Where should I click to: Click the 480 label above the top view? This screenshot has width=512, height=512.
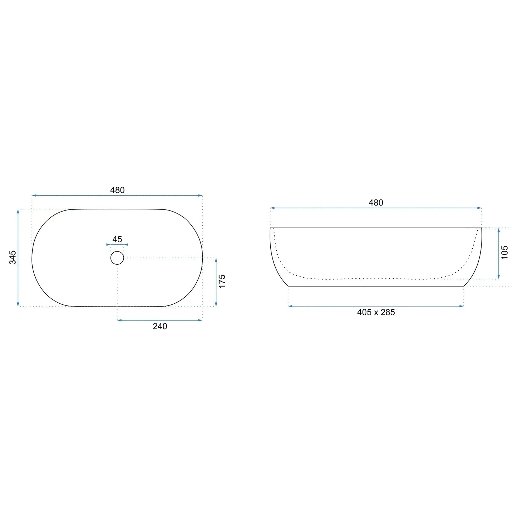(x=117, y=190)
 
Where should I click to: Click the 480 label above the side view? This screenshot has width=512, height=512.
(x=376, y=203)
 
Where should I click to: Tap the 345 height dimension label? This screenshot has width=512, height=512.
(x=13, y=257)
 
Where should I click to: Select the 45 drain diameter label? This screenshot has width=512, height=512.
(x=117, y=239)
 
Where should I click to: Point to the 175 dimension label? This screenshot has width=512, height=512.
(x=222, y=281)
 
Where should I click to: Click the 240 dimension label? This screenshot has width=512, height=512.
(x=160, y=326)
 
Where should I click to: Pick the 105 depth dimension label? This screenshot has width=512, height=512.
(x=504, y=252)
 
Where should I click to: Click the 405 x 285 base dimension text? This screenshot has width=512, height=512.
(x=376, y=312)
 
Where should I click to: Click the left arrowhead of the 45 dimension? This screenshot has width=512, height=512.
(x=108, y=244)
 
